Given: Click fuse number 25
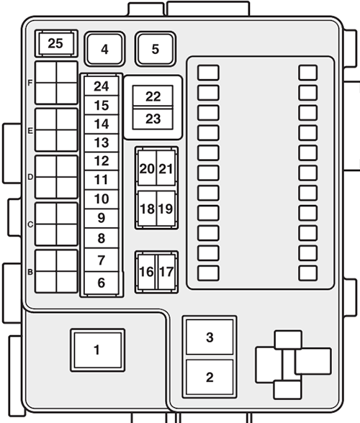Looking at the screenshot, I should (55, 44).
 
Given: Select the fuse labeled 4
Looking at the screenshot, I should (104, 50).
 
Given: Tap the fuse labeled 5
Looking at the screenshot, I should (156, 50).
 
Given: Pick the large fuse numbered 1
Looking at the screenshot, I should (96, 350).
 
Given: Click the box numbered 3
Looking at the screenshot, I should (210, 337).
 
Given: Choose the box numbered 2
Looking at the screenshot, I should (210, 377).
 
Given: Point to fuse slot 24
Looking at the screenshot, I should (101, 87).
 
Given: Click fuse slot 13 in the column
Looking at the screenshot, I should (101, 143).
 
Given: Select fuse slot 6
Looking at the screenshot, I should (101, 283).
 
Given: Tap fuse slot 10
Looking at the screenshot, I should (101, 199).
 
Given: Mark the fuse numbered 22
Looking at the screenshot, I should (153, 97).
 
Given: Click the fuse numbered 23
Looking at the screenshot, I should (153, 119).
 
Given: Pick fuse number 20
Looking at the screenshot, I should (147, 169).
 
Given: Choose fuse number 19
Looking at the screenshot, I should (166, 209).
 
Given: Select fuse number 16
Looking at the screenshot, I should (147, 272).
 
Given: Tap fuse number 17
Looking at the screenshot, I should (166, 272).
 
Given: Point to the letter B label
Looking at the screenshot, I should (30, 272).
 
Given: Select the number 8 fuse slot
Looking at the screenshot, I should (101, 239).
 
